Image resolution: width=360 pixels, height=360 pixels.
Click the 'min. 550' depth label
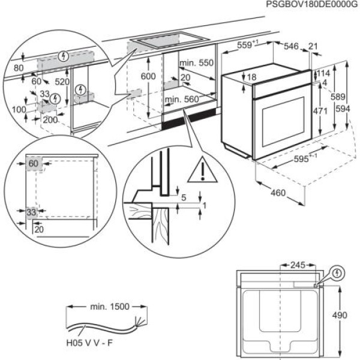click(196, 63)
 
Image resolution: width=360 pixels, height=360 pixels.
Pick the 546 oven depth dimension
click(292, 46)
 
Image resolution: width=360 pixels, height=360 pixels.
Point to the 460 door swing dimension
click(277, 193)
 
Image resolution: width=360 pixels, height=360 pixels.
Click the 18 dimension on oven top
click(251, 77)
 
